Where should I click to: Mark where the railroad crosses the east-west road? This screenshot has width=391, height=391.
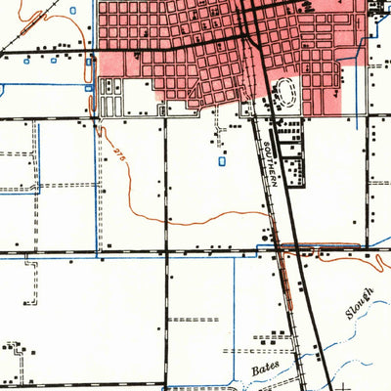point(282,251)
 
